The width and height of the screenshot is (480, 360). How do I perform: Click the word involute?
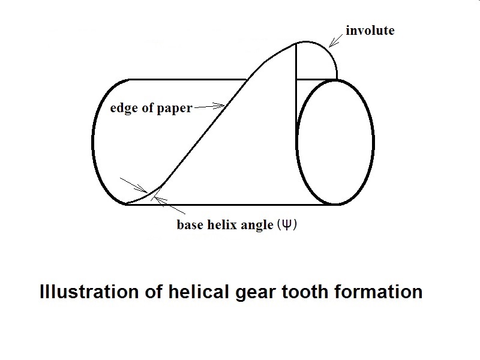coord(370,30)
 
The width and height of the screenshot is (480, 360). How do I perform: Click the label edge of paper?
coord(151,109)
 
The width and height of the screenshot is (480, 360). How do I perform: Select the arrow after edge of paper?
coord(209,107)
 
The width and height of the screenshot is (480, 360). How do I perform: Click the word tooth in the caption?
coord(298,292)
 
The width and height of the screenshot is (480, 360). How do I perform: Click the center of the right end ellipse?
coord(335,142)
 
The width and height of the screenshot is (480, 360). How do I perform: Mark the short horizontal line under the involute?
coord(316,79)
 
